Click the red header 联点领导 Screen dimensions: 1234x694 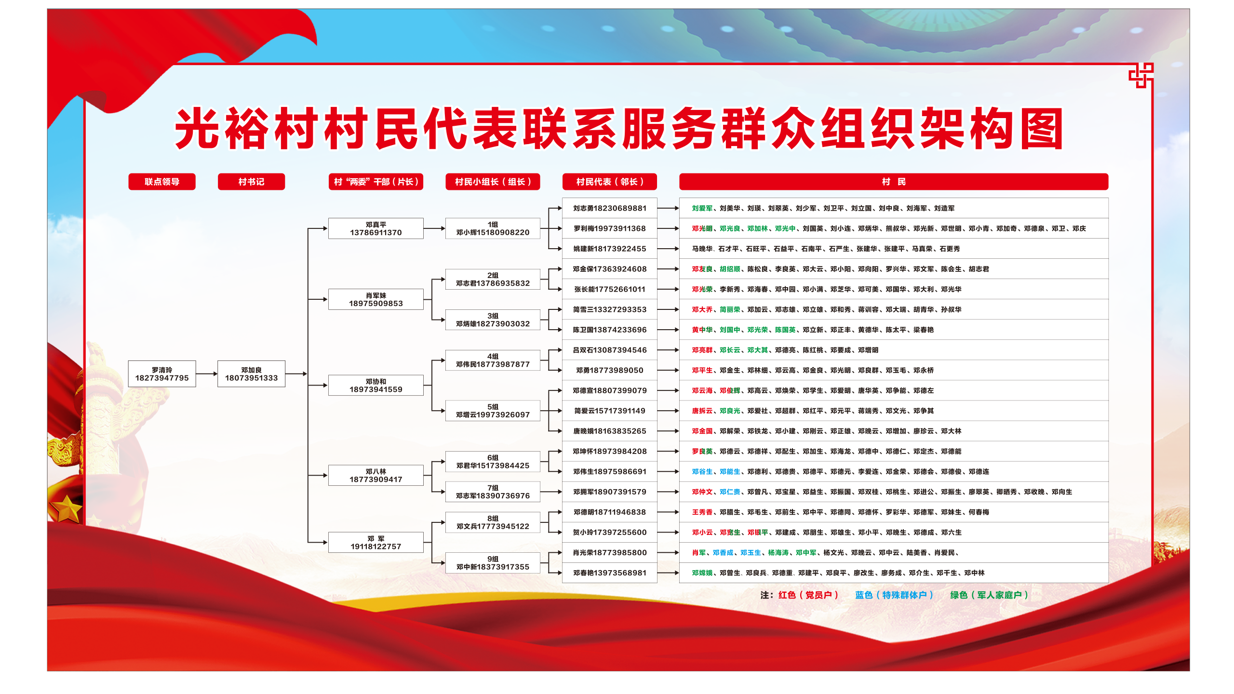[162, 182]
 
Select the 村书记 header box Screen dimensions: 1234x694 [251, 182]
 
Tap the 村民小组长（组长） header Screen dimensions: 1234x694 [493, 182]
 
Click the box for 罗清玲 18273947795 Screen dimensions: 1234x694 [162, 374]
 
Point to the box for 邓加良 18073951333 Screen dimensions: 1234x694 [251, 374]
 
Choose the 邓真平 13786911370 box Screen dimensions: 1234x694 [376, 228]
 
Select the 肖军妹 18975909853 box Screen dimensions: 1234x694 [376, 299]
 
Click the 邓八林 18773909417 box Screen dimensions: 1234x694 [376, 475]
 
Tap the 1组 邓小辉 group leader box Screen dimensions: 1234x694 [493, 228]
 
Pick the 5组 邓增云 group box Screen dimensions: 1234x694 [493, 411]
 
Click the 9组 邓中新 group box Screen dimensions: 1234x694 [493, 563]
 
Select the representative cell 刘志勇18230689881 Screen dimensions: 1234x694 [610, 208]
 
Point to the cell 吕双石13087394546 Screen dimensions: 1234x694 [610, 350]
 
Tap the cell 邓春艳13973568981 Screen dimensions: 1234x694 [610, 573]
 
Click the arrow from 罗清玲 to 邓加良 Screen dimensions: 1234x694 [207, 374]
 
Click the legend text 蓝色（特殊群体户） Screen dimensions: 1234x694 [894, 595]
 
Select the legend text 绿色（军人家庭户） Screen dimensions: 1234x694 [989, 595]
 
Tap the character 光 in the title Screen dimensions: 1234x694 [197, 128]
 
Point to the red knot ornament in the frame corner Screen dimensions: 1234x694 [1141, 76]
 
